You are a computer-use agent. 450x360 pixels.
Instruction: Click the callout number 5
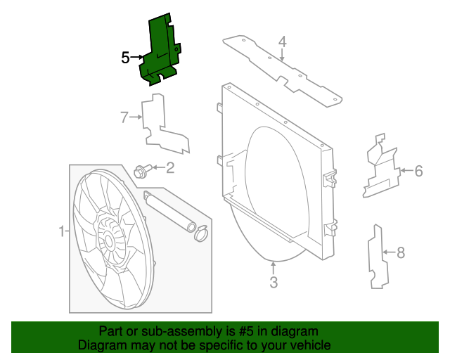tap(125, 58)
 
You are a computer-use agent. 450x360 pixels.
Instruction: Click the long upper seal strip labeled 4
tap(281, 70)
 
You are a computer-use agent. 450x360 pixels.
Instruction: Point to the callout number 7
tap(124, 117)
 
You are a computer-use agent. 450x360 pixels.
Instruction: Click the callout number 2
tap(169, 167)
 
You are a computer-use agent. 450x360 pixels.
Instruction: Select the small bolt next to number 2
tap(141, 169)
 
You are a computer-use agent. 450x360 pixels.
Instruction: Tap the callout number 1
tap(61, 231)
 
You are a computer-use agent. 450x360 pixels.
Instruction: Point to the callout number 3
tap(274, 283)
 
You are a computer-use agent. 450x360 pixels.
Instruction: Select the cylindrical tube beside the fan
tap(169, 210)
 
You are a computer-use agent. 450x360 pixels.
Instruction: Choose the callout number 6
tap(418, 170)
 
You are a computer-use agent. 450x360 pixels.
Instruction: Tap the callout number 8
tap(401, 251)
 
